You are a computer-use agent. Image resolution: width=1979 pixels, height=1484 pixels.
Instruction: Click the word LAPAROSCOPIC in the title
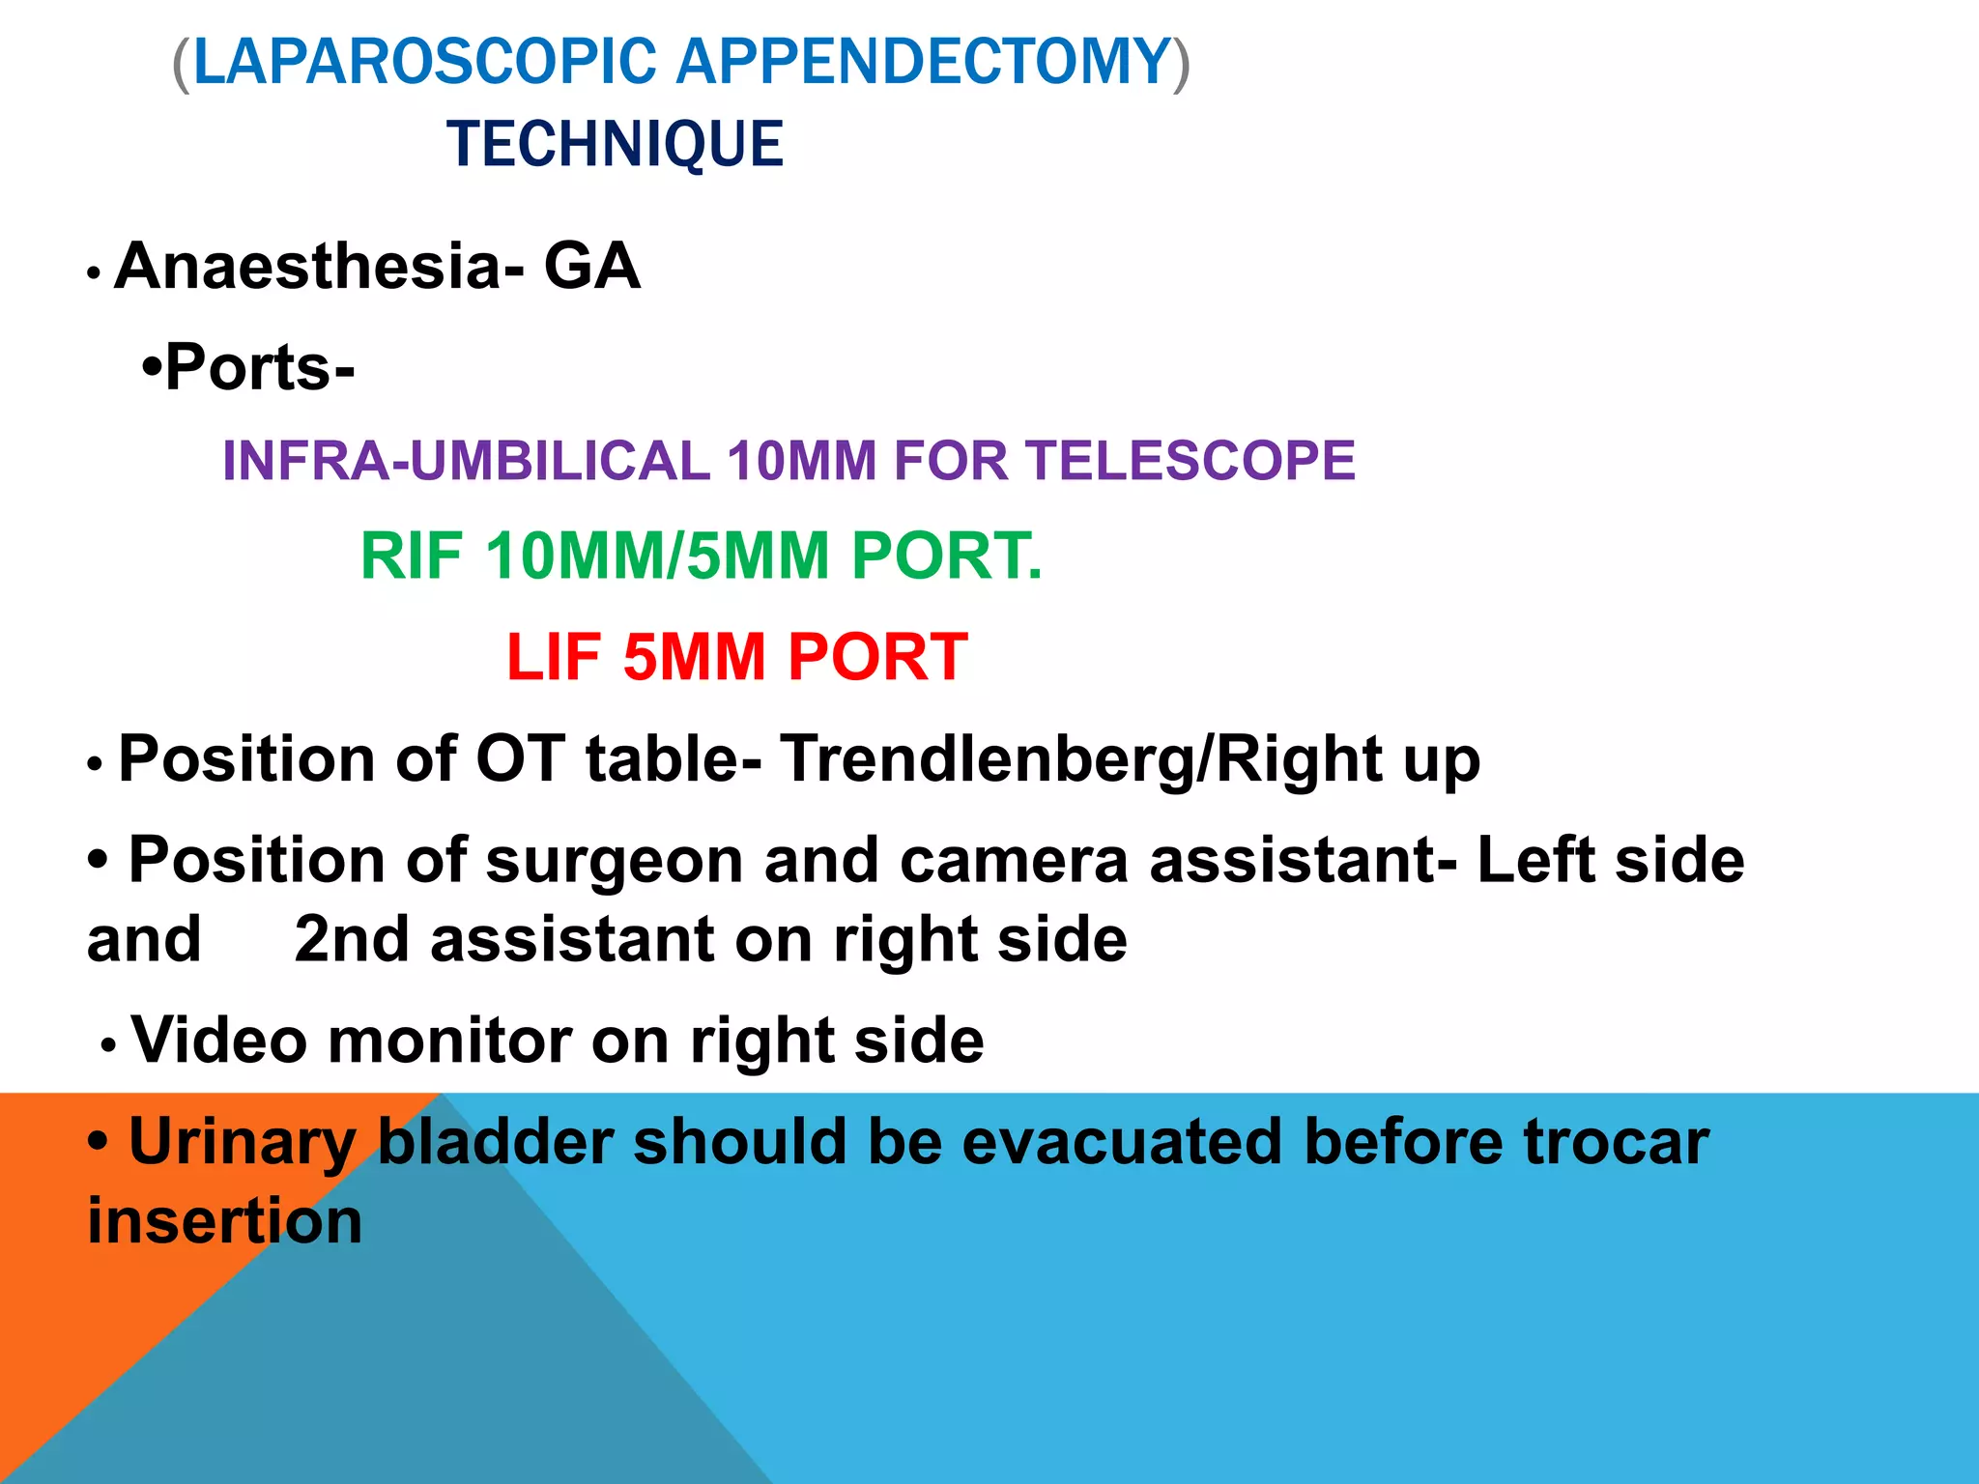point(425,62)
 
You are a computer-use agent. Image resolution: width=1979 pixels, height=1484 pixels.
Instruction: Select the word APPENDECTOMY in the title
point(923,62)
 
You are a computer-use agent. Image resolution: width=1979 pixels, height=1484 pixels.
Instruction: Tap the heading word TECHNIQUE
point(615,144)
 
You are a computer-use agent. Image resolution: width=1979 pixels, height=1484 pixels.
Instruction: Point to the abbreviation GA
point(591,267)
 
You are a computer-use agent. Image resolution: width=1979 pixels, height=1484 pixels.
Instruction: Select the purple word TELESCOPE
point(1190,460)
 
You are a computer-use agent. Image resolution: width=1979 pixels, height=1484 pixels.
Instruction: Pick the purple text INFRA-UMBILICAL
point(466,460)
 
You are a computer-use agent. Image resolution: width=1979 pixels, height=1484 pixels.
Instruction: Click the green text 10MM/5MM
point(657,556)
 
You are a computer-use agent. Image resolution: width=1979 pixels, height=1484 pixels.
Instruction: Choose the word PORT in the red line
point(877,657)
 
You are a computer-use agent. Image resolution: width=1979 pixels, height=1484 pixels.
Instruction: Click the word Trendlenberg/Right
point(1080,759)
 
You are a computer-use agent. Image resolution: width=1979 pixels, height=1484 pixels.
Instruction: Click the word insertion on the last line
point(225,1221)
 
